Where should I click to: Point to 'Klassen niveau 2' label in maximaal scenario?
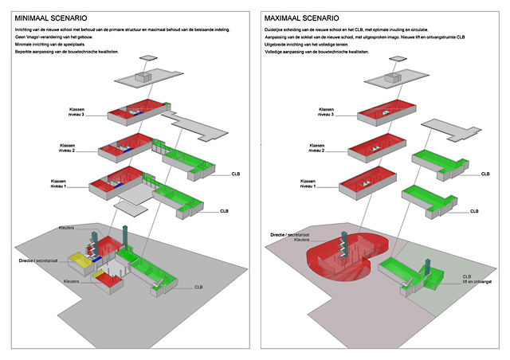312,148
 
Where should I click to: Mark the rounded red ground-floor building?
335,267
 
